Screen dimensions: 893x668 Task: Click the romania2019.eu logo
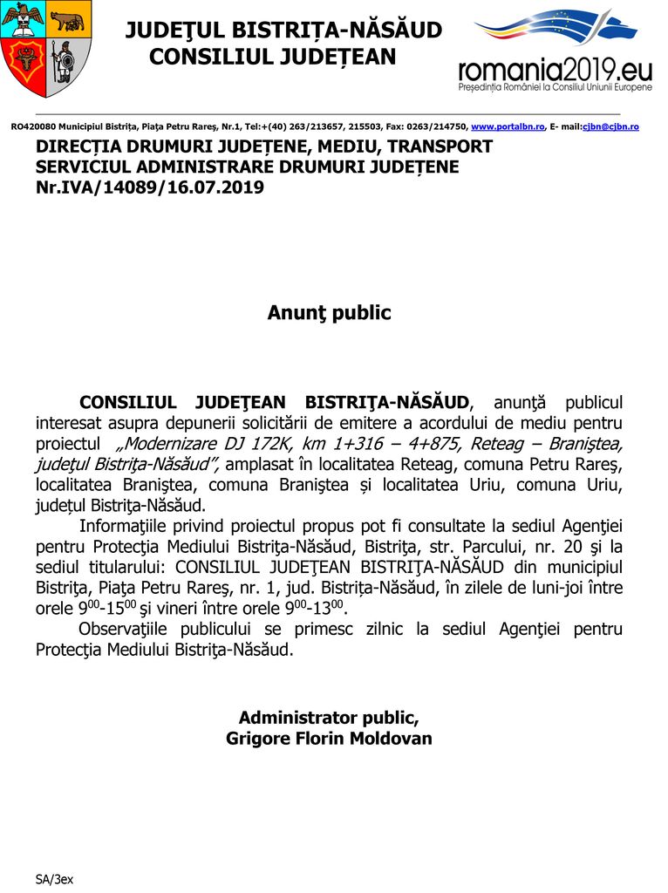click(555, 51)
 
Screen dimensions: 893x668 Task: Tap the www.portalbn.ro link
click(508, 127)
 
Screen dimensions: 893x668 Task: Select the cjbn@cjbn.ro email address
click(610, 127)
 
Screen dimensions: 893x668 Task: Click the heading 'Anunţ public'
click(330, 313)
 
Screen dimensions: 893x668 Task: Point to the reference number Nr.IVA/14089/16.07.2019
click(150, 187)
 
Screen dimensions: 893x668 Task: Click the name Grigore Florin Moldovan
click(329, 739)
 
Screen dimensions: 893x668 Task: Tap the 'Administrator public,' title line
click(329, 718)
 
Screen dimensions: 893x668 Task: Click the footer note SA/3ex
click(54, 878)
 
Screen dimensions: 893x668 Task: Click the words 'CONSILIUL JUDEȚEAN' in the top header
click(273, 58)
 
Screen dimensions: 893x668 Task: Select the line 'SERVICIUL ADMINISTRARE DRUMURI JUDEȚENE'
click(247, 167)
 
